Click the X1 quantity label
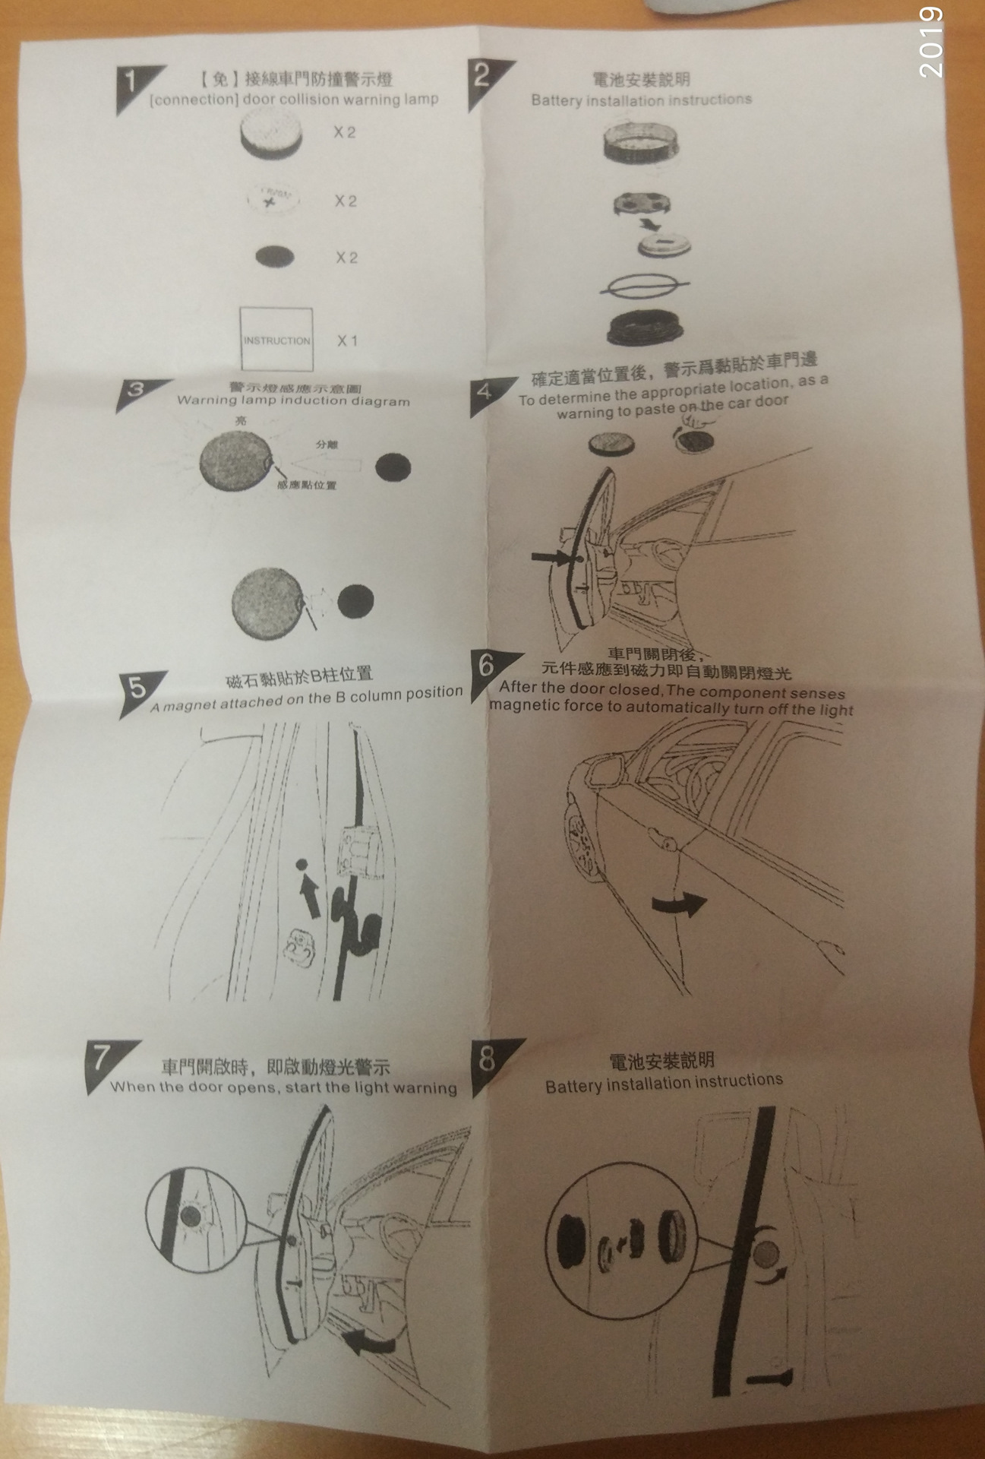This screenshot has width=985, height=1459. click(x=347, y=340)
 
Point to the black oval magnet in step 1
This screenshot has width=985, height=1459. click(x=275, y=257)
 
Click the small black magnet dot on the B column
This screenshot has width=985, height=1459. click(x=301, y=864)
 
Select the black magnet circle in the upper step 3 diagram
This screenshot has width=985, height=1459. click(x=393, y=467)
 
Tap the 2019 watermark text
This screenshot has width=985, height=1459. click(x=930, y=43)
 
